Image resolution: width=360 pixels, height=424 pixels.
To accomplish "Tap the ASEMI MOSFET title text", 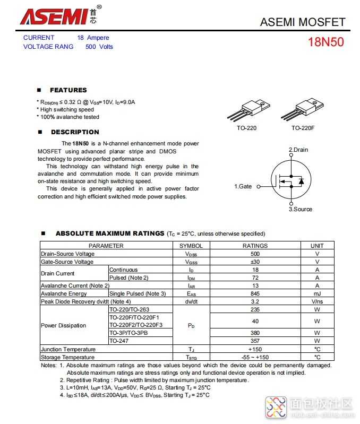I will click(303, 22).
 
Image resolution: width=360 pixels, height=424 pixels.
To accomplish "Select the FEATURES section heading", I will click(68, 90).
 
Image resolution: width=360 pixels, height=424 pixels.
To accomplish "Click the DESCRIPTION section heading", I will click(75, 132).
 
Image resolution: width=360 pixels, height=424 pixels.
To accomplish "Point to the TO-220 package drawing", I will click(246, 110).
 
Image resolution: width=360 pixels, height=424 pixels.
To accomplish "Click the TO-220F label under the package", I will click(303, 128).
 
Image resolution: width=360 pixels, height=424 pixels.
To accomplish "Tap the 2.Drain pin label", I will click(298, 150).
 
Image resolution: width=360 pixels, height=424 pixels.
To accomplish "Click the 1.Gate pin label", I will click(243, 187).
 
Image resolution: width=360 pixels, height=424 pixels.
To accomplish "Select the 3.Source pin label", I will click(301, 209).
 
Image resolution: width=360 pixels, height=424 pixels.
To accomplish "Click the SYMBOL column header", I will click(191, 246).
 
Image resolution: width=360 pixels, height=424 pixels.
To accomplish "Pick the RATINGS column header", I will click(255, 246).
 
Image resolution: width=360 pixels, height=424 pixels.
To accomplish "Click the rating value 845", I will click(255, 293).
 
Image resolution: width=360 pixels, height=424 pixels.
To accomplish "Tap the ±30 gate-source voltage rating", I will click(255, 262).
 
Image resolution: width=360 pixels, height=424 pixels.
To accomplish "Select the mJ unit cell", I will click(317, 293).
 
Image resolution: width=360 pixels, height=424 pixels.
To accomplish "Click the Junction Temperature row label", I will click(68, 349).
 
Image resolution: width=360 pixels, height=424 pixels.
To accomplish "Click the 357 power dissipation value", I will click(255, 341).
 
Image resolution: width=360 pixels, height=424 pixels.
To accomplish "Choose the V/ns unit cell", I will click(317, 301).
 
